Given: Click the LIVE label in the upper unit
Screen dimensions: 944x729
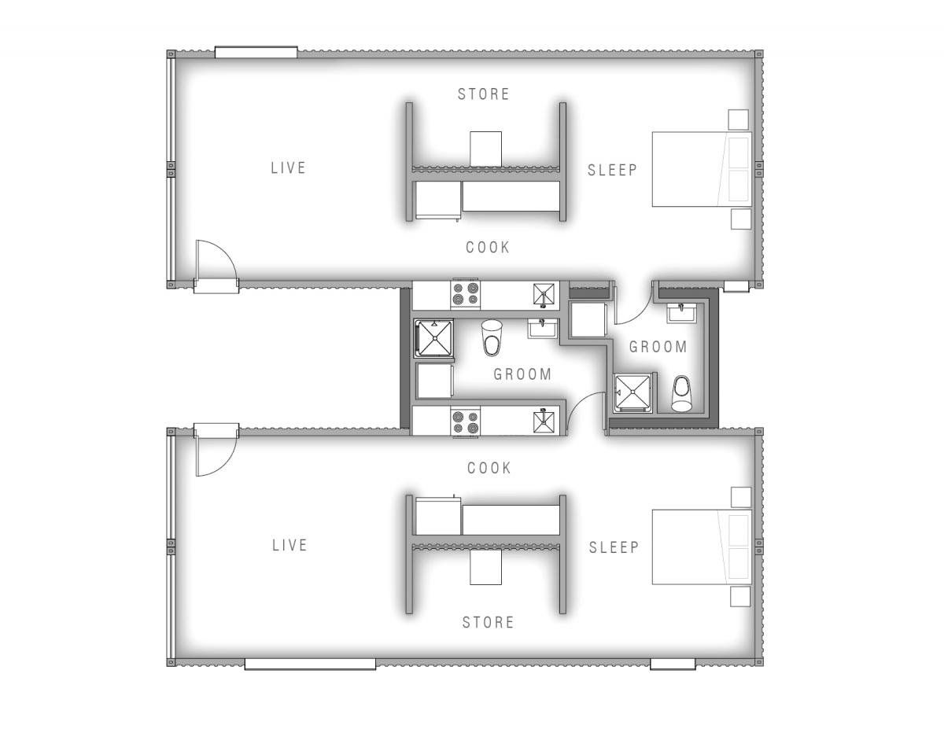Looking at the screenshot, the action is click(x=288, y=168).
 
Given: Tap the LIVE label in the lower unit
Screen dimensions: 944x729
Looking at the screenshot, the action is click(x=289, y=545).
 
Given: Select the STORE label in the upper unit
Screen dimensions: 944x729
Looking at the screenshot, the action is click(x=484, y=94).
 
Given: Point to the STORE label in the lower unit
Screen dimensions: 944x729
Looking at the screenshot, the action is click(x=489, y=622).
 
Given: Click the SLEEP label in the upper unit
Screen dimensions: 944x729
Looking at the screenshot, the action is click(x=612, y=170).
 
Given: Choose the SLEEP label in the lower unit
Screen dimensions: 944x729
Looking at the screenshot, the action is click(x=614, y=547).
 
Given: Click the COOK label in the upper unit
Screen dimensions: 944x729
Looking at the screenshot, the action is click(x=488, y=247).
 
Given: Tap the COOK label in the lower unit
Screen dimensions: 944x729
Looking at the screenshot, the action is click(x=489, y=468).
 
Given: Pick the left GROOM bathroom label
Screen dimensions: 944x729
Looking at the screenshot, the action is click(x=522, y=374).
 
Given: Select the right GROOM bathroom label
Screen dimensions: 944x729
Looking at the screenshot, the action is click(x=658, y=347).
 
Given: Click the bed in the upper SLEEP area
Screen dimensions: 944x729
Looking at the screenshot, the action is click(x=702, y=169).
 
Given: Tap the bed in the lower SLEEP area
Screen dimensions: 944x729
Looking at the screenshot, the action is click(x=702, y=547).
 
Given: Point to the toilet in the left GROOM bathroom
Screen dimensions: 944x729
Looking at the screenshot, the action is click(x=492, y=337).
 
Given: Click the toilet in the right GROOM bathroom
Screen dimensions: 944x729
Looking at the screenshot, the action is click(x=681, y=393).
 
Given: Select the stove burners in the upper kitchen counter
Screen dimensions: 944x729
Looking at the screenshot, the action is click(x=465, y=293).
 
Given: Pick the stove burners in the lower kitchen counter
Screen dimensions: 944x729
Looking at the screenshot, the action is click(x=465, y=422).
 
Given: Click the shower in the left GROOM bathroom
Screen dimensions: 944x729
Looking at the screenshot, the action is click(x=433, y=338).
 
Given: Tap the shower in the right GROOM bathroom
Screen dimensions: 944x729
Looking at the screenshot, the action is click(x=632, y=392).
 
